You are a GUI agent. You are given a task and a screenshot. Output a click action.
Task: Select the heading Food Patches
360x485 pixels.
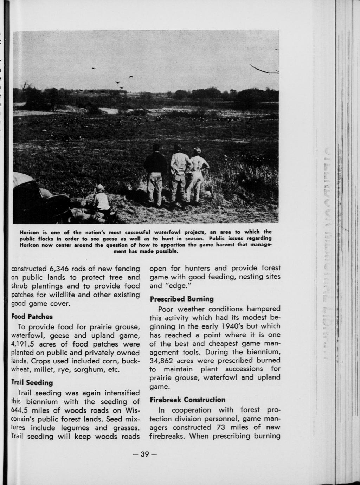point(32,316)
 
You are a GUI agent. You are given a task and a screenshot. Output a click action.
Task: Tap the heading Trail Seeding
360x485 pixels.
point(32,382)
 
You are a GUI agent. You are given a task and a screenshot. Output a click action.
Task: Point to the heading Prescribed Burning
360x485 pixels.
point(182,299)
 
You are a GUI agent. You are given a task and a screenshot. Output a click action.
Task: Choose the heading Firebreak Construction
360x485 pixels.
point(187,400)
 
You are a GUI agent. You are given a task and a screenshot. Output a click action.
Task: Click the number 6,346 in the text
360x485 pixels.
point(60,269)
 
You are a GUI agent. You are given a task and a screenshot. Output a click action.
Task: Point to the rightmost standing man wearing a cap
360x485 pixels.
point(197,174)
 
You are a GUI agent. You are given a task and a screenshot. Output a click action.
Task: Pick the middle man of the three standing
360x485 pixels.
point(179,174)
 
